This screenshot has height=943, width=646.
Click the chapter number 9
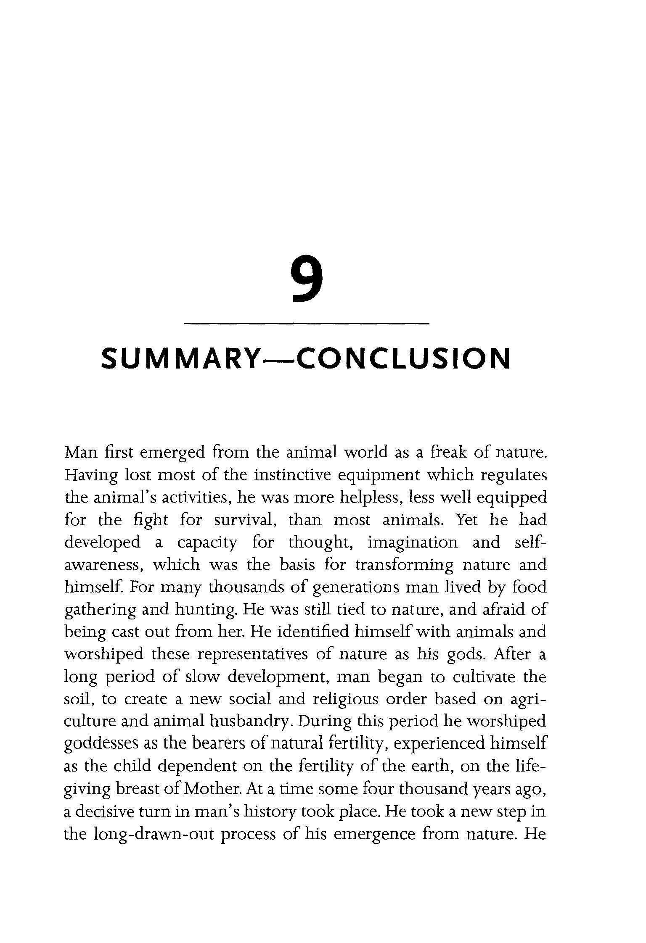tap(307, 279)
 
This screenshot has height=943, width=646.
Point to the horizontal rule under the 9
tap(307, 323)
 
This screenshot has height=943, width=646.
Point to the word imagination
tap(412, 543)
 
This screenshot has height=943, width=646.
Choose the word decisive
tap(103, 811)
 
